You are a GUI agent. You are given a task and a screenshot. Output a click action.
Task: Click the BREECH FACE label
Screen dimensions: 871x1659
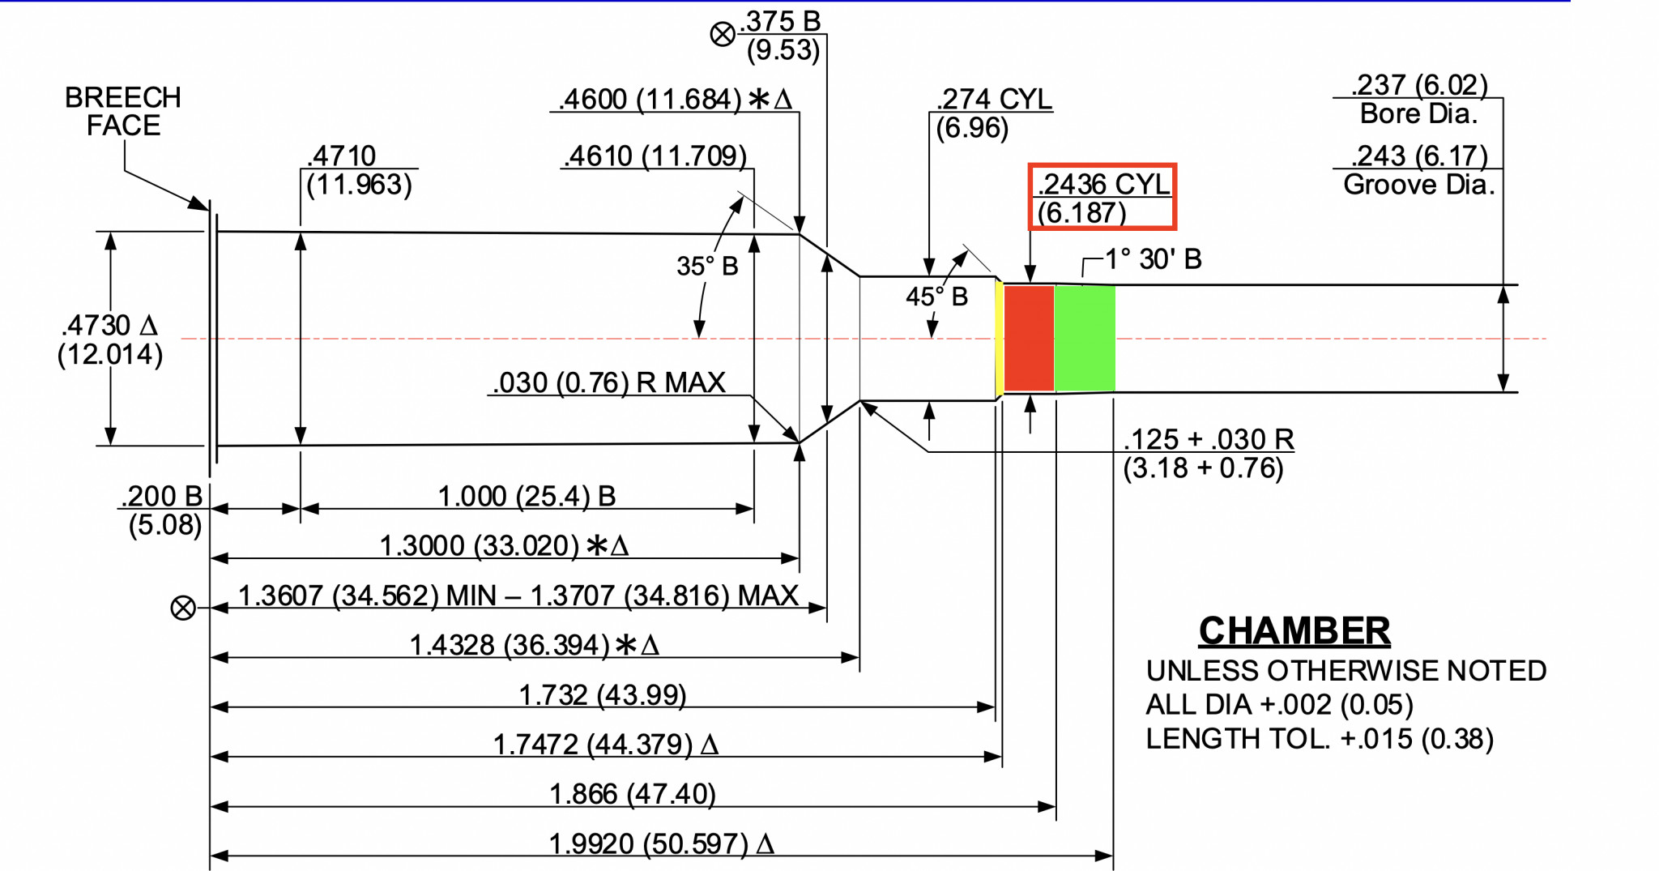tap(123, 111)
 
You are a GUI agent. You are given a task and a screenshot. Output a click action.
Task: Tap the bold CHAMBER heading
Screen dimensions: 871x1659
tap(1294, 630)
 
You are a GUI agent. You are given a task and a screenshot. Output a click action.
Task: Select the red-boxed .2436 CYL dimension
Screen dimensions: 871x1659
tap(1102, 197)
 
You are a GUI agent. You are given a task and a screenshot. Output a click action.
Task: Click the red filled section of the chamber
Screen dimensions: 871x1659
tap(1029, 338)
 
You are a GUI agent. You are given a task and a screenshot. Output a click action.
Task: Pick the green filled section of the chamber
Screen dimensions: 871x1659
tap(1085, 338)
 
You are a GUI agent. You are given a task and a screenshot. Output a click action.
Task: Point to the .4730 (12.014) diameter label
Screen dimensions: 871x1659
tap(109, 339)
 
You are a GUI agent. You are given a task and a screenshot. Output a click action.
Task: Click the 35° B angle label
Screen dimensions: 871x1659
tap(707, 266)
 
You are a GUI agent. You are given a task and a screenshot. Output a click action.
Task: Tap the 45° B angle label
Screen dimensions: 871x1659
tap(936, 297)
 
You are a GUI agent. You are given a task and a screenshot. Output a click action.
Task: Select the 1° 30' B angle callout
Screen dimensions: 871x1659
tap(1153, 259)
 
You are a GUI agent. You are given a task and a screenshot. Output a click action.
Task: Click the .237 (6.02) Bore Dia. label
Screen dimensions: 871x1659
tap(1418, 99)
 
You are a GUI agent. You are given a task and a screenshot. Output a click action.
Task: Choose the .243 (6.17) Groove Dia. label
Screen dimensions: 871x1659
tap(1418, 170)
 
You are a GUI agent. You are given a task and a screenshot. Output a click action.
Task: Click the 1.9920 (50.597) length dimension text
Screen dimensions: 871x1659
tap(661, 843)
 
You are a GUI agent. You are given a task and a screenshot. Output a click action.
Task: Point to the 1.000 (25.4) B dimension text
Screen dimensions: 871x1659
tap(527, 496)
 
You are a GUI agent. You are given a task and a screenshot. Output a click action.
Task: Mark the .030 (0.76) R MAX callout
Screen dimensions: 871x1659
tap(609, 382)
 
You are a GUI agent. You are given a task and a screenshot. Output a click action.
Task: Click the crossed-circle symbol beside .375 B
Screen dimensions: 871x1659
tap(723, 34)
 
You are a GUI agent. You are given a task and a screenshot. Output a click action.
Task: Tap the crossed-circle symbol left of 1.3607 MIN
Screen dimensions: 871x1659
tap(183, 608)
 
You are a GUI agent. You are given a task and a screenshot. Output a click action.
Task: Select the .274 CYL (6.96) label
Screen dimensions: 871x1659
tap(992, 113)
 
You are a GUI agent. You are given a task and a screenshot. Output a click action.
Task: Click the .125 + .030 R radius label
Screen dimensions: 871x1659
tap(1208, 453)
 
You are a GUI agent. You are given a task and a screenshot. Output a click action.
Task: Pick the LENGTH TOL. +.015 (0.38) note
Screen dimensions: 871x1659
tap(1319, 739)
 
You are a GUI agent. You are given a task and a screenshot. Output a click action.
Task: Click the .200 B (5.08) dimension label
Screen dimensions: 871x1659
tap(163, 510)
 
